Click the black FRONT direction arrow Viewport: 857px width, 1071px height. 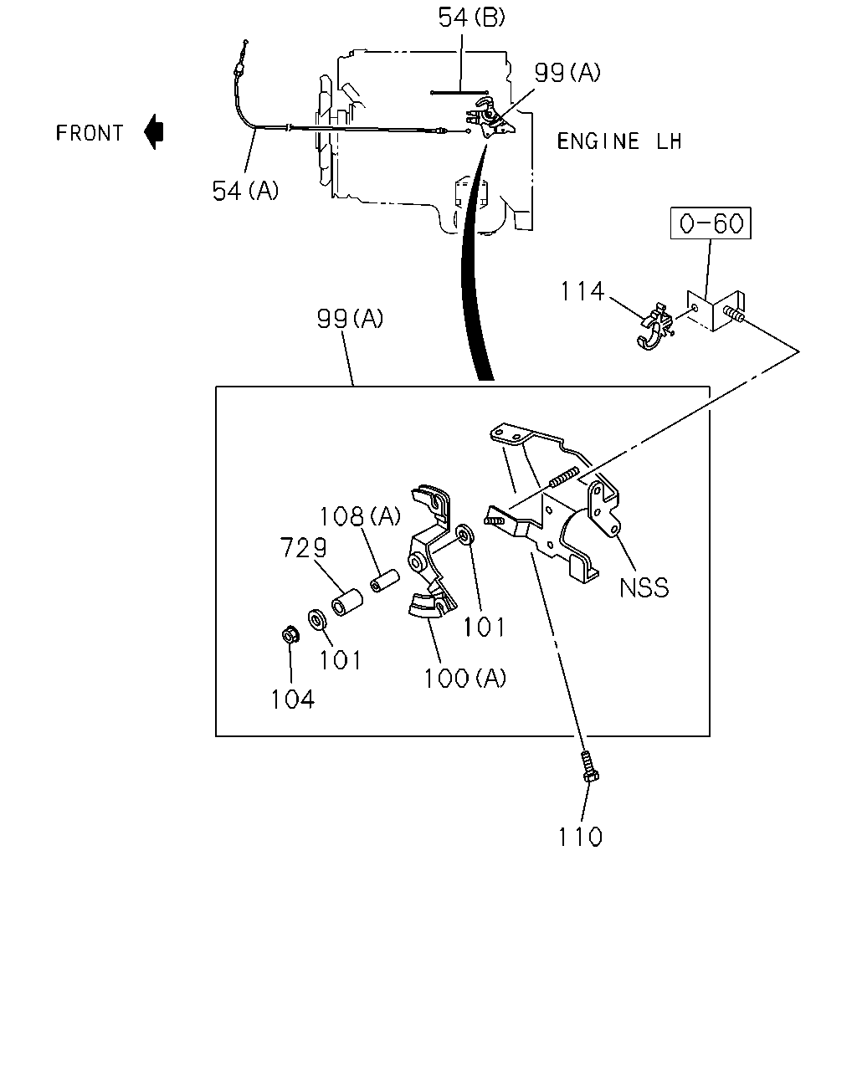tap(154, 132)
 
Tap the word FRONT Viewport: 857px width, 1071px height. tap(90, 133)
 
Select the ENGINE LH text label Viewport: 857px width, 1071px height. tap(619, 141)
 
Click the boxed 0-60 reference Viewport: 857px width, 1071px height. tap(711, 223)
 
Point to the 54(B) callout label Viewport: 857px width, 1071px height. tap(471, 18)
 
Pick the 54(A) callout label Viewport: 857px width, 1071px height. tap(245, 191)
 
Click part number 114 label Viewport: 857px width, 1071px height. tap(582, 291)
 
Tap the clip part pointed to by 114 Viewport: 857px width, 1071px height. tap(654, 327)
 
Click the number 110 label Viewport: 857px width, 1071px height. tap(580, 837)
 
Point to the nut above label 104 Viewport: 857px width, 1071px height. tap(290, 635)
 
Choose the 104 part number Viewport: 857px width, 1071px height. tap(292, 699)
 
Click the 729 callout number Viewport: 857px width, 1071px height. tap(303, 547)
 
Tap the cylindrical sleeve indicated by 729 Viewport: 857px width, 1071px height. tap(347, 602)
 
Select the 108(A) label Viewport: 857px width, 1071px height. tap(360, 516)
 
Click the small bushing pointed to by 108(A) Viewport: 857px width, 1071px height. tap(385, 581)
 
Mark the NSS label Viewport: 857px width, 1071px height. tap(644, 587)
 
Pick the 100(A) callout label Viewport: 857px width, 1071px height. tap(464, 678)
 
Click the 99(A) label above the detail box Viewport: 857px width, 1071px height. tap(350, 319)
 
